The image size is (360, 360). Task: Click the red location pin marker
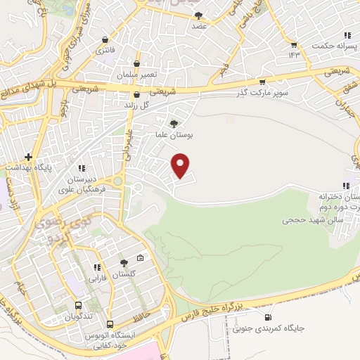tap(181, 165)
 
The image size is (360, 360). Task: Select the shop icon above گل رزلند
tap(136, 94)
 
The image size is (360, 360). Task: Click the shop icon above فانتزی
tap(105, 40)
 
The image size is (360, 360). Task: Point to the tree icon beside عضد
tap(198, 15)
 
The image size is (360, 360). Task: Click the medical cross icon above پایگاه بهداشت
tap(28, 157)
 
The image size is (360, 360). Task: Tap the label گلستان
tap(124, 275)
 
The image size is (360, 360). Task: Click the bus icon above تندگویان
tap(77, 306)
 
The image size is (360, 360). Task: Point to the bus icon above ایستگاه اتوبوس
tap(110, 324)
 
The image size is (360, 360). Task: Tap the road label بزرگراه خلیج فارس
tap(225, 307)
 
